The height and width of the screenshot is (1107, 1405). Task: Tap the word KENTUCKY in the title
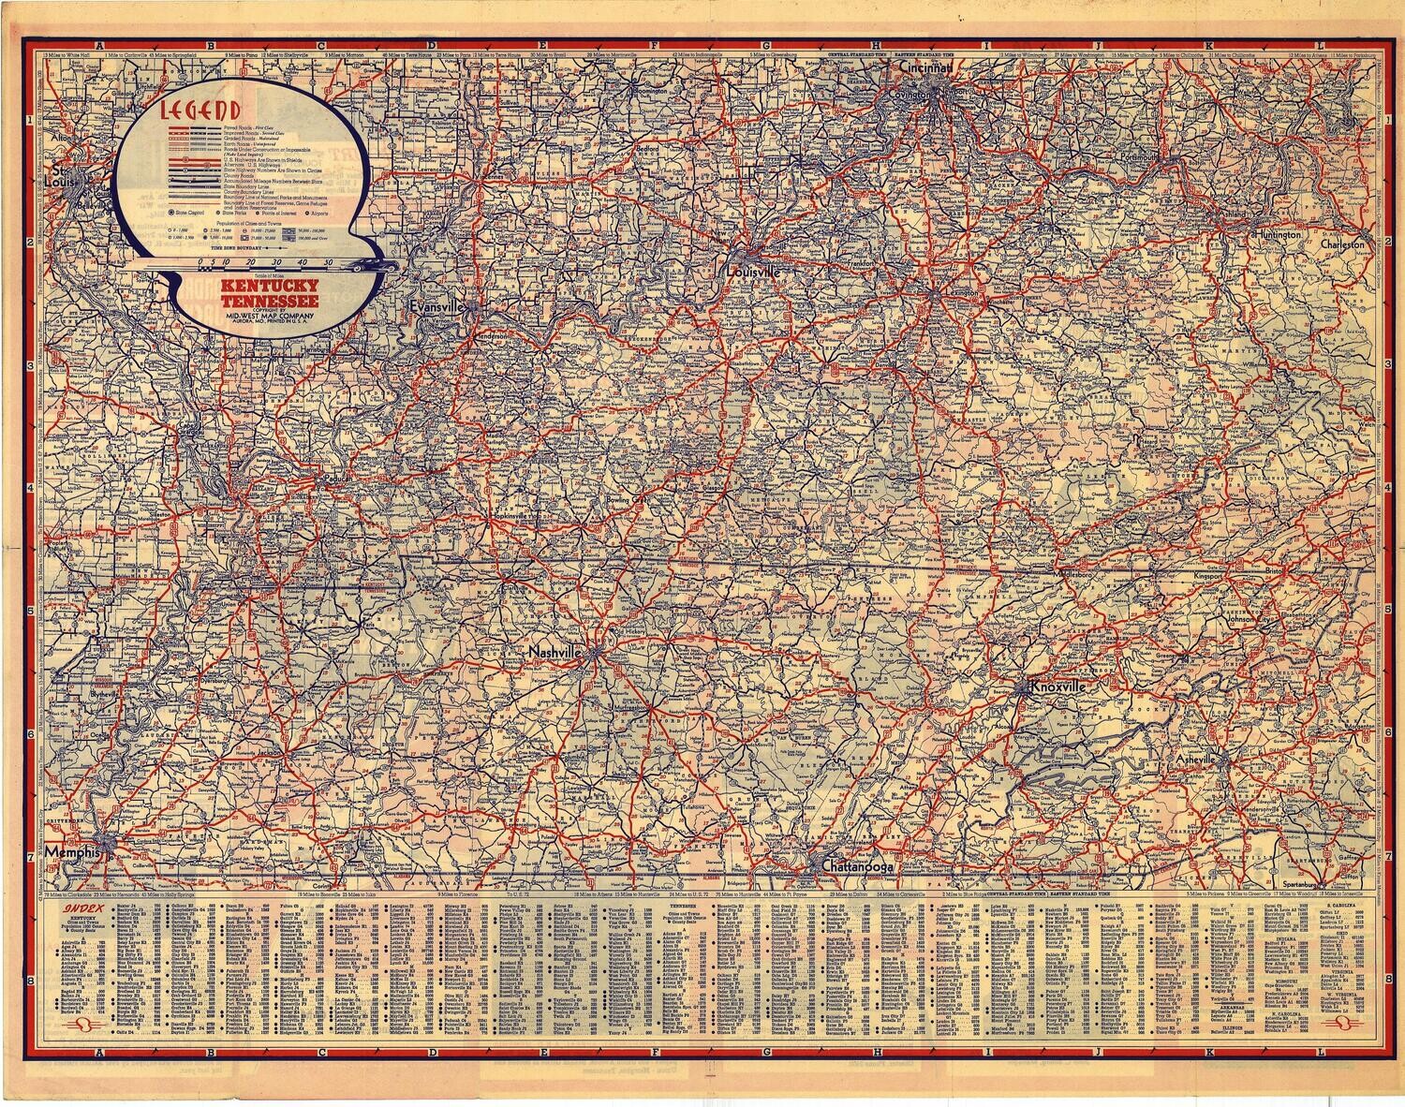pyautogui.click(x=266, y=288)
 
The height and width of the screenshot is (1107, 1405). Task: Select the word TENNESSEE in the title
pyautogui.click(x=266, y=300)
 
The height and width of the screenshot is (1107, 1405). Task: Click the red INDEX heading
pyautogui.click(x=79, y=908)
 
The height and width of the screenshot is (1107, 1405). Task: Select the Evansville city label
pyautogui.click(x=436, y=306)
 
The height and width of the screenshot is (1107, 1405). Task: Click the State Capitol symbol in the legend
pyautogui.click(x=173, y=214)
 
